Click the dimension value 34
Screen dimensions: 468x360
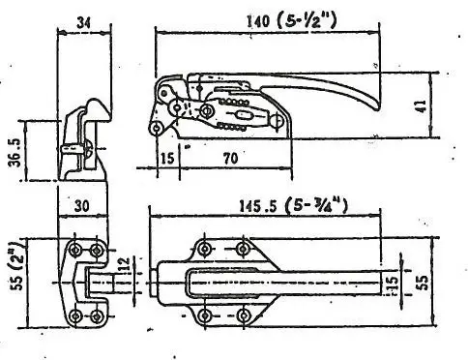[84, 22]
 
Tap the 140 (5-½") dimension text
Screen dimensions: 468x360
[292, 21]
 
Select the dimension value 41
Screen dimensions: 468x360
[422, 106]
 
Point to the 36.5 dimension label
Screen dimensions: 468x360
[15, 152]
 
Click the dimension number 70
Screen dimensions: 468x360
[230, 158]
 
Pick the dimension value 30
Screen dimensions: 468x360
[81, 206]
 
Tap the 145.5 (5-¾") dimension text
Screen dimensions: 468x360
[293, 206]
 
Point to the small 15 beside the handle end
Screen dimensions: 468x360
[393, 284]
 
